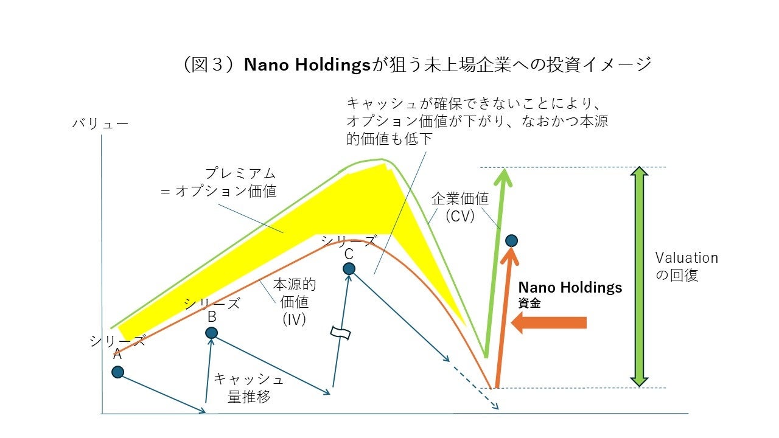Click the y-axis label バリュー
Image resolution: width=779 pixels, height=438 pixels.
[100, 123]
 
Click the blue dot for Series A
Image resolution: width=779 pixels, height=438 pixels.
[118, 372]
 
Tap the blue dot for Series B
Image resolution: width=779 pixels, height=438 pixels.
[211, 333]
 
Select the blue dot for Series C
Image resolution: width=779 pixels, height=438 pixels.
[349, 268]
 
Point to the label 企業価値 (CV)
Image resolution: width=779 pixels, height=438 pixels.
[459, 207]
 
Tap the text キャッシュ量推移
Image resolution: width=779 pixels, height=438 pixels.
[248, 388]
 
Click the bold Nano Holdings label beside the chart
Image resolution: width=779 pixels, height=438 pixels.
[570, 287]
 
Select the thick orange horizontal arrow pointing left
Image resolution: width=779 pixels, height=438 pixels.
[549, 322]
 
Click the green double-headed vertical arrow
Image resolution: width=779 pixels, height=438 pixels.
[638, 277]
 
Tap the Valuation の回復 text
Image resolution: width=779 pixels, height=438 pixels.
[686, 266]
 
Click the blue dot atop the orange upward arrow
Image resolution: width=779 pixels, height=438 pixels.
[512, 240]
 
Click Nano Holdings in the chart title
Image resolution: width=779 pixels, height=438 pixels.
[307, 64]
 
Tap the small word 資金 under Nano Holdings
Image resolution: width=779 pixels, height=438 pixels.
[529, 304]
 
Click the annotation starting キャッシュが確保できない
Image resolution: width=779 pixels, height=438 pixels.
[477, 120]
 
